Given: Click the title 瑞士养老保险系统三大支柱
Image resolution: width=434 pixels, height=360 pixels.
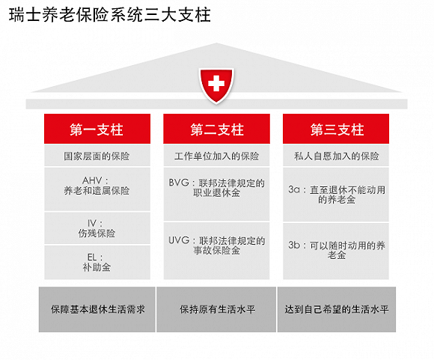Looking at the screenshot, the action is pos(110,15).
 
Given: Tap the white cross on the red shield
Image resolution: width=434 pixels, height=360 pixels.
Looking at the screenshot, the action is pos(216,83).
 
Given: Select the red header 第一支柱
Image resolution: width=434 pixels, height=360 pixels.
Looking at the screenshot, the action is pos(97,129).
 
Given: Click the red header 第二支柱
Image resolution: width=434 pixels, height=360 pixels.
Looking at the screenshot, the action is pos(216,129).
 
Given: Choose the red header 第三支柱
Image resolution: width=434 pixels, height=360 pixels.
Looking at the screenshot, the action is pos(336,129).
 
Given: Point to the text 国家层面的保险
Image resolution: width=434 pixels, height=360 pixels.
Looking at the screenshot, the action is pos(97,156).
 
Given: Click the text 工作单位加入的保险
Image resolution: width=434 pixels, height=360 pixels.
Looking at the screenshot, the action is pos(217,156).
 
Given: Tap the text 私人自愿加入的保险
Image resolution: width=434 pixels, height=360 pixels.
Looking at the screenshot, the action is pos(336,156).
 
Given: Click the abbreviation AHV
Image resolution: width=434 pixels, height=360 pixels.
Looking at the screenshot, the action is pos(92,180).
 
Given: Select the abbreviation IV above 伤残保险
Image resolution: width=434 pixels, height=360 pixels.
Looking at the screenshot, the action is pos(92,223).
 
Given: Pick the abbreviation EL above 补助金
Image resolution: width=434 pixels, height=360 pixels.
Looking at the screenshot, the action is pos(92,257).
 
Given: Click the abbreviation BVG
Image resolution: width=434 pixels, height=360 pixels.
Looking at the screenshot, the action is pos(179,183).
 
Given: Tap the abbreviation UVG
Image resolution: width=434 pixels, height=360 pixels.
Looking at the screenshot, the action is pos(179,240).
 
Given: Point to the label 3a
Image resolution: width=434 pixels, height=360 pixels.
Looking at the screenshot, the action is pos(294,189).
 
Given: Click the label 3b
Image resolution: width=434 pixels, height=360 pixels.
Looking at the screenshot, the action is pos(294,245).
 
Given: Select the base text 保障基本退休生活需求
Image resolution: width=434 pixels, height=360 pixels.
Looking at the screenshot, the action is pos(98,309).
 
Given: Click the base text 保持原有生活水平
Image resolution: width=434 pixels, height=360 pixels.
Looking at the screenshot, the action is pos(217,309).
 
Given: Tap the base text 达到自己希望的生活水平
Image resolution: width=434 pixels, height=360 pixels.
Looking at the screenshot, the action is pos(337,309).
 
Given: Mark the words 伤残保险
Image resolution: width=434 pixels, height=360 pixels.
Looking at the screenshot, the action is pos(97,234).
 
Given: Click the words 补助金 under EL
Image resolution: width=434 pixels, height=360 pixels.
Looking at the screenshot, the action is pos(97,267).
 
